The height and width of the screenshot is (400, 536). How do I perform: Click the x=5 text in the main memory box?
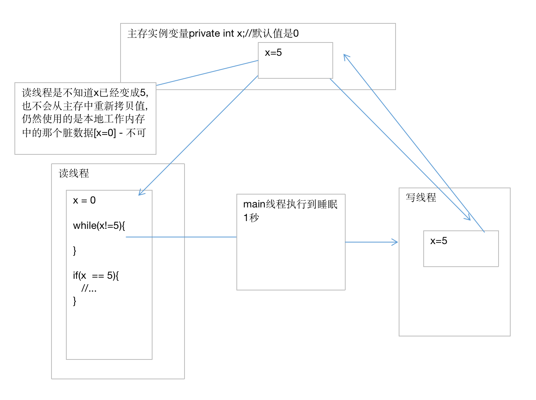click(x=273, y=53)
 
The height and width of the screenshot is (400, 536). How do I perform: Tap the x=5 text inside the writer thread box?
click(x=438, y=241)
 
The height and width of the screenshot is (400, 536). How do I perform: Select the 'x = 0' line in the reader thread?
click(x=84, y=200)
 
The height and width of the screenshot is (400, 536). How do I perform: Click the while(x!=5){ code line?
click(x=99, y=226)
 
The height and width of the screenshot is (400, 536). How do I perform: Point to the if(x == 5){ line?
click(x=96, y=276)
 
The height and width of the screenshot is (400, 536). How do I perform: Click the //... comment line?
click(x=89, y=288)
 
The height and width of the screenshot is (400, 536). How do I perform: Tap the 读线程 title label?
click(x=74, y=173)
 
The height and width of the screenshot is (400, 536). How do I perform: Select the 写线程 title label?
click(x=421, y=198)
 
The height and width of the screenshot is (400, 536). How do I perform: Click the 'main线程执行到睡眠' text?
click(x=290, y=204)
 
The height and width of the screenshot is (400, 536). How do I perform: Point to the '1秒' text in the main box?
click(x=251, y=218)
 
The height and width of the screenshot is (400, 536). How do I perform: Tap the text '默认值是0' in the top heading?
click(x=275, y=34)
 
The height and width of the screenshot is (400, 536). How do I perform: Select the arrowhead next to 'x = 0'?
click(x=141, y=193)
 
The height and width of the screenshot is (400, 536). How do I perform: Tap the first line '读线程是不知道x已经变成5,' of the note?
click(x=85, y=93)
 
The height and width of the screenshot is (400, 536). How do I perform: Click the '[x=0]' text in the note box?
click(x=105, y=133)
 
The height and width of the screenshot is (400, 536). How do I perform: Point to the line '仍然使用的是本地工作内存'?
click(x=83, y=119)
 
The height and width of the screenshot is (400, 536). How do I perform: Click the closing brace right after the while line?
click(x=75, y=251)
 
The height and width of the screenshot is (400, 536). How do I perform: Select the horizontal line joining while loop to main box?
click(x=181, y=237)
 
